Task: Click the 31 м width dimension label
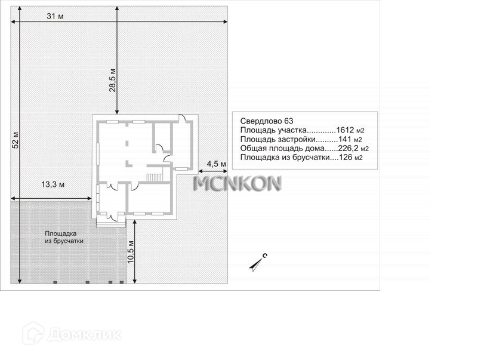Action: point(55,16)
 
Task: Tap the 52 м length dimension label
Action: point(16,140)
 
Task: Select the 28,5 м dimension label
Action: point(113,80)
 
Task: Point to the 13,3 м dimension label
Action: point(53,184)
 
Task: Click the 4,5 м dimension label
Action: point(217,164)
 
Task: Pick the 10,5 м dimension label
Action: point(131,252)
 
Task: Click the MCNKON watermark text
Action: point(237,183)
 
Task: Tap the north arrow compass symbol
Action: point(258,263)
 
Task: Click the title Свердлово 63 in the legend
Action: point(267,121)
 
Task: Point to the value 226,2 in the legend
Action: point(349,148)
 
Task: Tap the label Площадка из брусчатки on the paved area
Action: point(64,237)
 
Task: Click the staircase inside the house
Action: point(155,177)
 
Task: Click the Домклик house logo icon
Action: point(33,334)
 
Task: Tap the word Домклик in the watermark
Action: point(84,335)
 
